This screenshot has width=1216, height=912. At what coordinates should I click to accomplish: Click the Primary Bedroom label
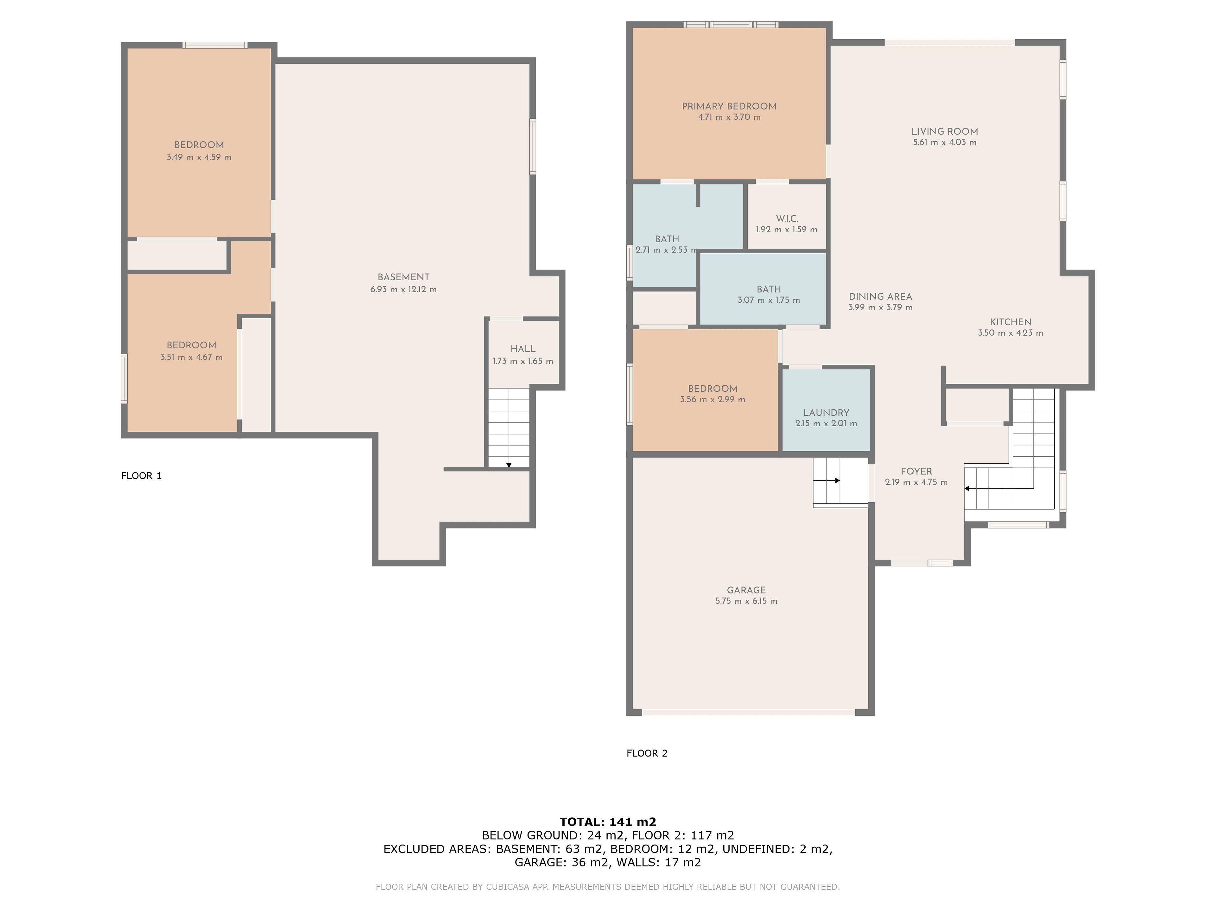tap(729, 106)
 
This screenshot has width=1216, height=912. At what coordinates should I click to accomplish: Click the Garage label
tap(746, 590)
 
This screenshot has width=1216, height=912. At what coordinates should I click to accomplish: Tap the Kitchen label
tap(1010, 322)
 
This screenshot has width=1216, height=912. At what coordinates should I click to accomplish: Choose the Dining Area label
tap(880, 297)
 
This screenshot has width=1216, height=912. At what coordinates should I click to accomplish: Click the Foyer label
tap(916, 472)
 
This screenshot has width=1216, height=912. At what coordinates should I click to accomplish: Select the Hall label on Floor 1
tap(523, 349)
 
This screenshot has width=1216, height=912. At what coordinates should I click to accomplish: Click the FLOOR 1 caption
tap(141, 476)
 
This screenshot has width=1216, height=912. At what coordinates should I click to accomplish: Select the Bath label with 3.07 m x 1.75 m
tap(769, 289)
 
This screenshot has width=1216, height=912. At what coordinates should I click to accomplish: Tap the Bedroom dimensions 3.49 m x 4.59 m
tap(199, 157)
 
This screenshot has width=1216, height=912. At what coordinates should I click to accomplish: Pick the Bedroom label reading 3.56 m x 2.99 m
tap(712, 389)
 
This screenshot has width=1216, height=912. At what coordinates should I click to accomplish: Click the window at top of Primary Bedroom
tap(731, 24)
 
